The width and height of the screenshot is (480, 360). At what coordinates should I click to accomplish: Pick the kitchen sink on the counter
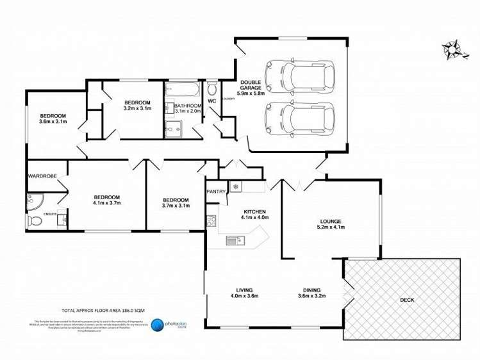click(x=233, y=240)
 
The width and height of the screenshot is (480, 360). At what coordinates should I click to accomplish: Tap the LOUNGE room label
click(x=331, y=222)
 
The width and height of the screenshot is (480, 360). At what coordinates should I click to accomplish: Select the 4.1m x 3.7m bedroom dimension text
click(x=106, y=203)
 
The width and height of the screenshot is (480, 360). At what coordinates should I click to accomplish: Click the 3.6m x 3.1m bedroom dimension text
click(x=53, y=121)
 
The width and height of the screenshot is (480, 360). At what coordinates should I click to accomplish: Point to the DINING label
click(x=309, y=290)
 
